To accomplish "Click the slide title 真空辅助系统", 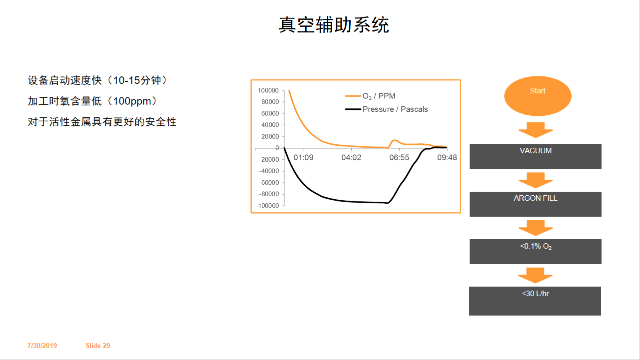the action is click(x=333, y=25).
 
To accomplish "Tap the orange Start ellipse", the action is click(x=538, y=96).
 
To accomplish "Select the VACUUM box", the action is click(x=536, y=156).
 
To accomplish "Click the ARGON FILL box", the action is click(x=536, y=204).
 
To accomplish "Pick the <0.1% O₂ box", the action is click(x=536, y=252).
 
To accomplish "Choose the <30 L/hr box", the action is click(x=535, y=301).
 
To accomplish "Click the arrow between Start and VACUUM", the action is click(x=536, y=130).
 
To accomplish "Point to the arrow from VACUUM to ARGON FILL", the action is click(x=536, y=180).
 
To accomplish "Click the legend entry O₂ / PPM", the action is click(x=370, y=96).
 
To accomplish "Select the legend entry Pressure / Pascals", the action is click(x=386, y=109).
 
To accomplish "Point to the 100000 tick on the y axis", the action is click(x=268, y=90).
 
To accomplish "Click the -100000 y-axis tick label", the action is click(x=267, y=206).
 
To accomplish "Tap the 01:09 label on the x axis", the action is click(x=303, y=158).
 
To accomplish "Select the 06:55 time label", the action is click(x=399, y=158).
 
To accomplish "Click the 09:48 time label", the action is click(x=447, y=158).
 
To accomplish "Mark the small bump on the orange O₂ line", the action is click(x=395, y=140).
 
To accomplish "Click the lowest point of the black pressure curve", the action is click(x=387, y=203).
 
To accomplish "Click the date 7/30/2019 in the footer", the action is click(x=42, y=346).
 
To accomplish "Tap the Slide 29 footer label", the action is click(x=98, y=346).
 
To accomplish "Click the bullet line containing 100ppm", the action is click(x=92, y=101).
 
